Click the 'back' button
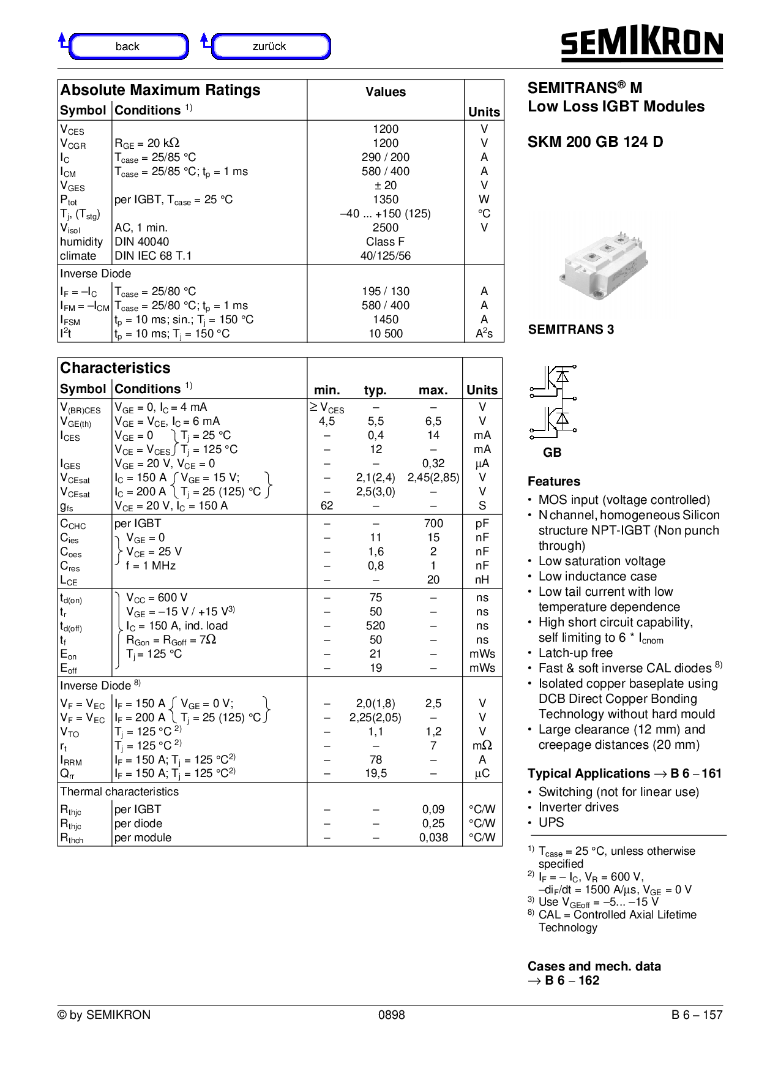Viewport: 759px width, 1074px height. tap(128, 47)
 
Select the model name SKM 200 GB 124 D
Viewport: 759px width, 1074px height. tap(595, 142)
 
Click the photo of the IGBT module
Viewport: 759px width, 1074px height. tap(603, 264)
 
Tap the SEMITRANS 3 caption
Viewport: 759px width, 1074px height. tap(570, 329)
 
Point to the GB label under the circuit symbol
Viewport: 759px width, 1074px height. tap(552, 453)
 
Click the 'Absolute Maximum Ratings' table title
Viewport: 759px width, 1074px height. tap(160, 90)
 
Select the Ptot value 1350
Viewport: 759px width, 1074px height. tap(386, 200)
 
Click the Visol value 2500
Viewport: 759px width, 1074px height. tap(386, 228)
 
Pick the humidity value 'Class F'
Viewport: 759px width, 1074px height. tap(386, 242)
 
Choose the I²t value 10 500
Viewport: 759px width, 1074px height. tap(386, 334)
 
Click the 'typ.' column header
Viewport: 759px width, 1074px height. tap(375, 390)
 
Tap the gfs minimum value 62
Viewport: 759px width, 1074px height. tap(327, 506)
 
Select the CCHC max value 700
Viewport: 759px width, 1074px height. tap(433, 524)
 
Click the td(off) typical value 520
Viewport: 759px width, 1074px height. tap(375, 626)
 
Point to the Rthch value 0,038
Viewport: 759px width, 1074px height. tap(433, 838)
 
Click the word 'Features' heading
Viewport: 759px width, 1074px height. tap(554, 481)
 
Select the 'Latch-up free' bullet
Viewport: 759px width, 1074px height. tap(575, 653)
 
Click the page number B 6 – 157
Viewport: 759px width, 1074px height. tap(697, 1015)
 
